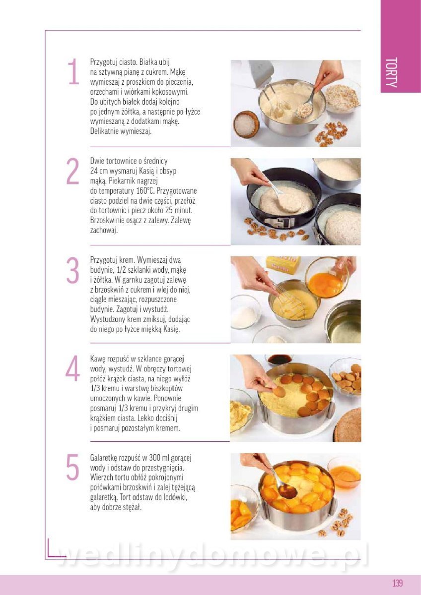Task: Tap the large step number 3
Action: pos(72,270)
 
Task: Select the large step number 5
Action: pos(72,467)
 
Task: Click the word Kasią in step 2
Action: pos(146,171)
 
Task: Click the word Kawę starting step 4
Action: pos(98,359)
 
